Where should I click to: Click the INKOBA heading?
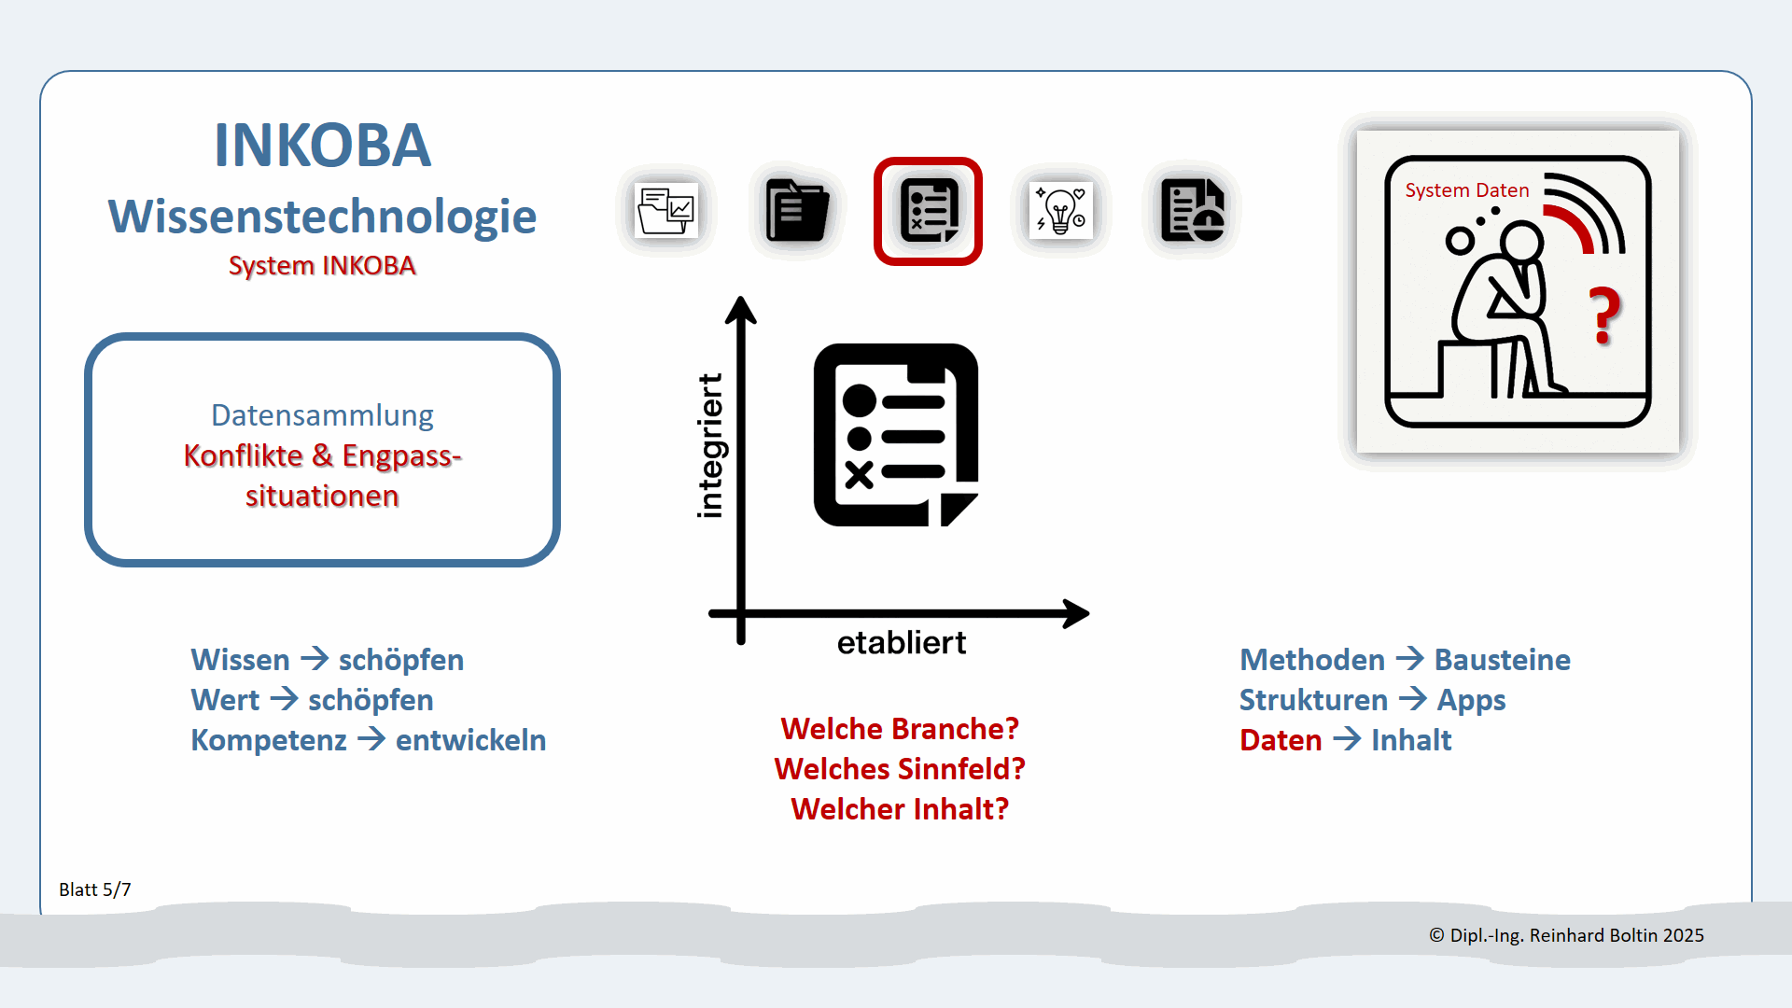coord(322,146)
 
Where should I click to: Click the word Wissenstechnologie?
coord(322,217)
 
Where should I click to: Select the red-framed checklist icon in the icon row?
coord(928,211)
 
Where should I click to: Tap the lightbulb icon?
coord(1061,211)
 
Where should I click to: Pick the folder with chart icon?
coord(665,211)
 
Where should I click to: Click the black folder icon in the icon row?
coord(796,211)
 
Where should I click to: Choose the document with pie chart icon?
coord(1192,211)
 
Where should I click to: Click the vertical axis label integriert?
coord(710,446)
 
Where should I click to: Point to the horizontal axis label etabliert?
coord(901,643)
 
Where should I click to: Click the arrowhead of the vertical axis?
coord(741,309)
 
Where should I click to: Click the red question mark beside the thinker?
coord(1605,315)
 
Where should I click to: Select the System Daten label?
coord(1467,190)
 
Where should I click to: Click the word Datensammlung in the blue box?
coord(322,415)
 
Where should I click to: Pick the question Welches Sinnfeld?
coord(900,769)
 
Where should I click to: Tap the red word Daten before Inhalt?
coord(1281,740)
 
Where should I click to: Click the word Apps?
coord(1471,700)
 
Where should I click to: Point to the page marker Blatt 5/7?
coord(95,889)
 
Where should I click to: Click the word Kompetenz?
coord(269,740)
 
